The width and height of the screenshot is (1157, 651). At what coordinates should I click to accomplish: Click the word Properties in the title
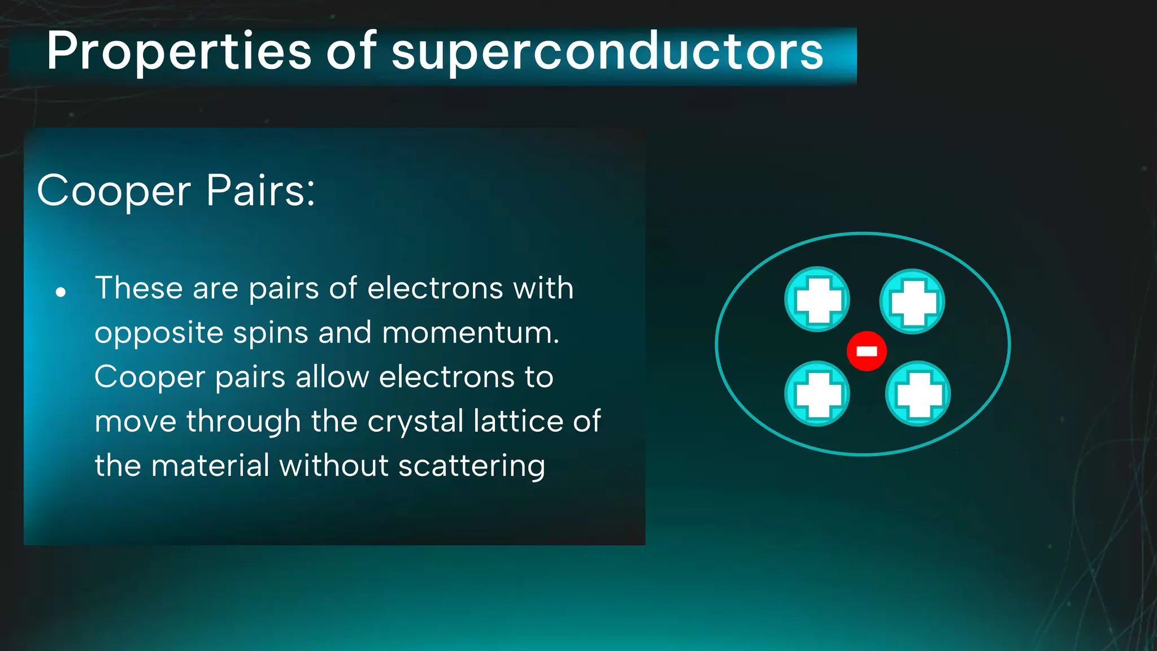[x=179, y=52]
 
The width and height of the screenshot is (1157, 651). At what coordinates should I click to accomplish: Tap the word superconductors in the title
[x=607, y=52]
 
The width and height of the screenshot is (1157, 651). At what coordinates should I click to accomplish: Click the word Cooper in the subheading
[x=114, y=191]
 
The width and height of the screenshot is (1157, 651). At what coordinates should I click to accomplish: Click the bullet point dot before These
[x=61, y=292]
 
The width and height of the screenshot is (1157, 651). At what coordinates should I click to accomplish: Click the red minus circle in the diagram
[x=867, y=351]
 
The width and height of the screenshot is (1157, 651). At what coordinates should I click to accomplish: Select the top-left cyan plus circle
[x=817, y=300]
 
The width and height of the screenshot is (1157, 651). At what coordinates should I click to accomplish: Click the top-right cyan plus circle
[x=912, y=301]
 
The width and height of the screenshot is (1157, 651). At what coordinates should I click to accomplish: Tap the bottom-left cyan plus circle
[x=817, y=394]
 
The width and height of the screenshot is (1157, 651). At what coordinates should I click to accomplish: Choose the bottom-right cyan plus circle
[x=917, y=394]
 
